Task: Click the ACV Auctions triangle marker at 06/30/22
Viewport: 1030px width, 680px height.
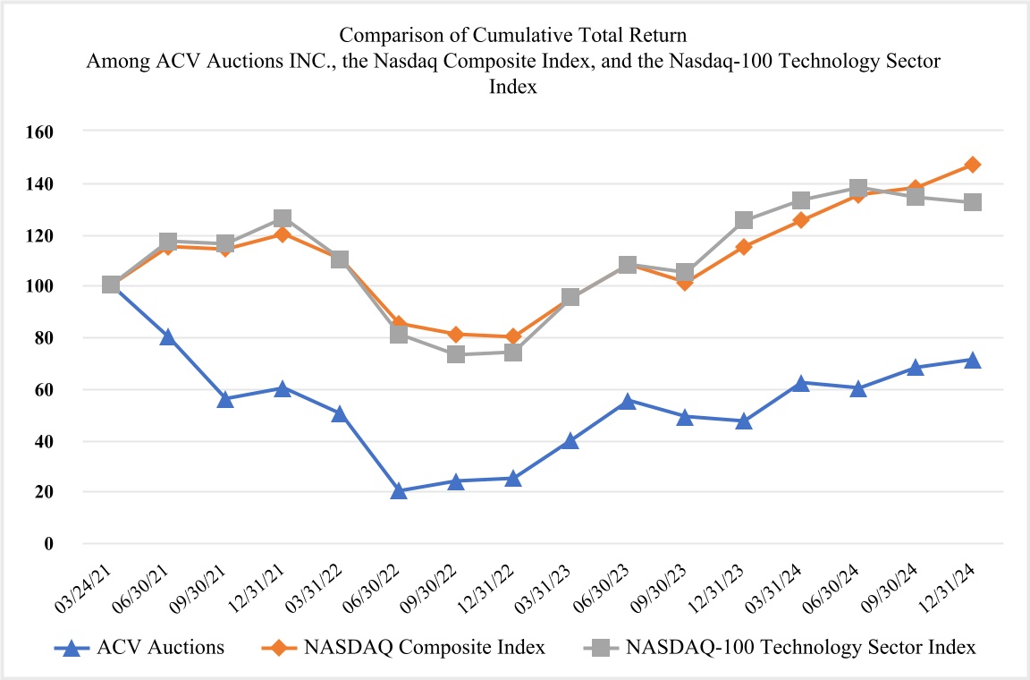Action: click(x=399, y=490)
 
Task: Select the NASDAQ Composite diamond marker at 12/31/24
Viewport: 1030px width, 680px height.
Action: click(x=973, y=165)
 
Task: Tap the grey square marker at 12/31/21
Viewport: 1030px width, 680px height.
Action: click(x=283, y=218)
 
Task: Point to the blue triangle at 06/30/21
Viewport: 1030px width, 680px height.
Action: click(x=168, y=336)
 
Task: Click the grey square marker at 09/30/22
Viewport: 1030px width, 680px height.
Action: click(x=456, y=354)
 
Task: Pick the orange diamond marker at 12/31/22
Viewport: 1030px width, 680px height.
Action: click(x=513, y=336)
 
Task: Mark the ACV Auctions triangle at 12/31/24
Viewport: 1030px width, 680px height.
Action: click(x=973, y=360)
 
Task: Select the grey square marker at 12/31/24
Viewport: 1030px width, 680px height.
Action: click(x=973, y=202)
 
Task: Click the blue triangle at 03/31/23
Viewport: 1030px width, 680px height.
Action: click(x=570, y=440)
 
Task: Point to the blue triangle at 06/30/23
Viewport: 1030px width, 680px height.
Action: click(x=628, y=401)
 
